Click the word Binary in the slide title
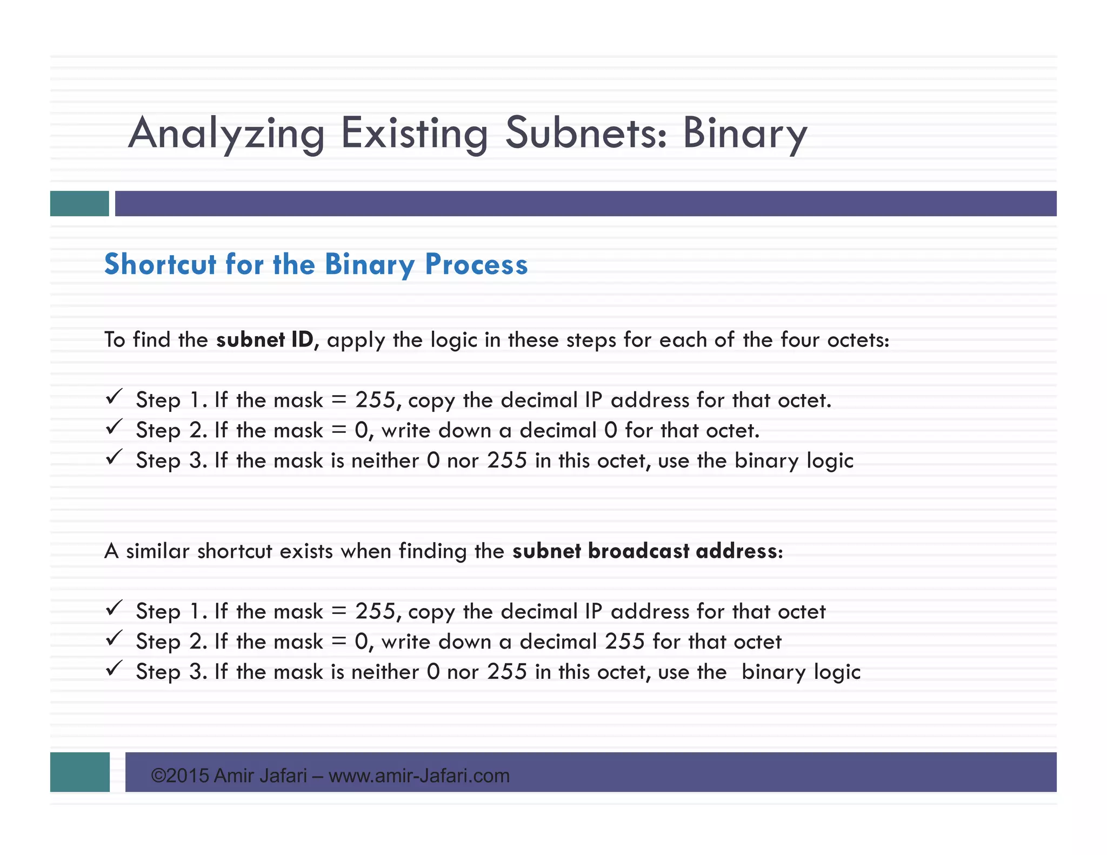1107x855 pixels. (x=744, y=133)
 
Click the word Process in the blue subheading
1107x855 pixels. (x=476, y=264)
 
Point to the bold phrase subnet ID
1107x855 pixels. (x=264, y=340)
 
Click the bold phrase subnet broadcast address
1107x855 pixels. (x=647, y=551)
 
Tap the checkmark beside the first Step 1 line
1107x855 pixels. (x=114, y=397)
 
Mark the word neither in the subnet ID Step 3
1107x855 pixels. (x=385, y=460)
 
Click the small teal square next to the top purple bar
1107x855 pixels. (x=79, y=204)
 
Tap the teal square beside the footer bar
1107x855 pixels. (x=79, y=772)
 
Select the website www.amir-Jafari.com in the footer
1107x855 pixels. (x=419, y=776)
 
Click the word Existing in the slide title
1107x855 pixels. (x=415, y=133)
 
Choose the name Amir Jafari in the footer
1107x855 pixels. (x=260, y=776)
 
